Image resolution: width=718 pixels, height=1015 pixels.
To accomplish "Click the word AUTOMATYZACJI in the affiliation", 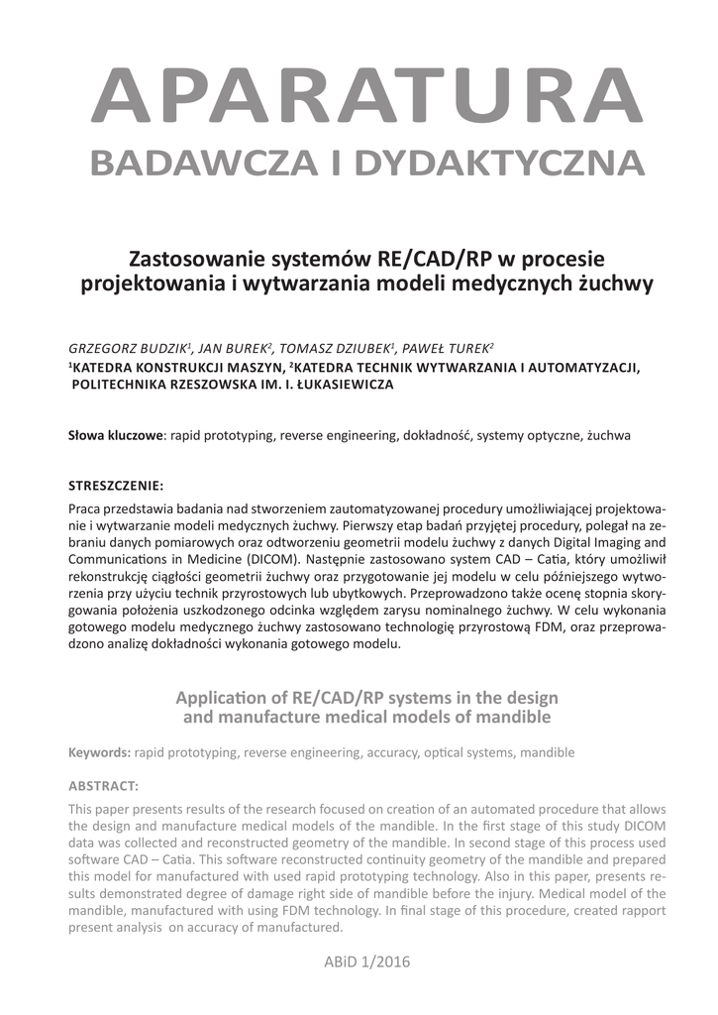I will (x=583, y=368).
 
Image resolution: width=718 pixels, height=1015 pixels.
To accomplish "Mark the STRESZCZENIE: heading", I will (x=116, y=486).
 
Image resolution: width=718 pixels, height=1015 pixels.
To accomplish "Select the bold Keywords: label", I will (x=99, y=752).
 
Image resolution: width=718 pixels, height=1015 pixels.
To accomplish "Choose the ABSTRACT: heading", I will (x=103, y=786).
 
